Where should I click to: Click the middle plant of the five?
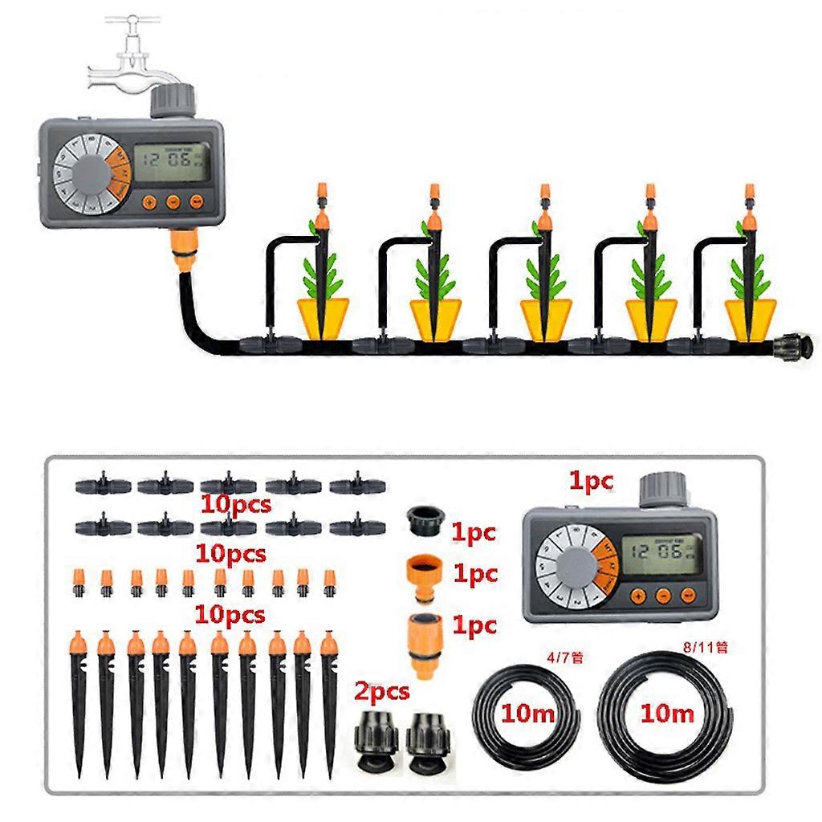(544, 277)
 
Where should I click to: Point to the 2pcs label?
(383, 690)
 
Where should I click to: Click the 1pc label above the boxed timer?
(591, 481)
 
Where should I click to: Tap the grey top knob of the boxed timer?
(662, 490)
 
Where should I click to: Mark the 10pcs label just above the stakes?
(231, 616)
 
